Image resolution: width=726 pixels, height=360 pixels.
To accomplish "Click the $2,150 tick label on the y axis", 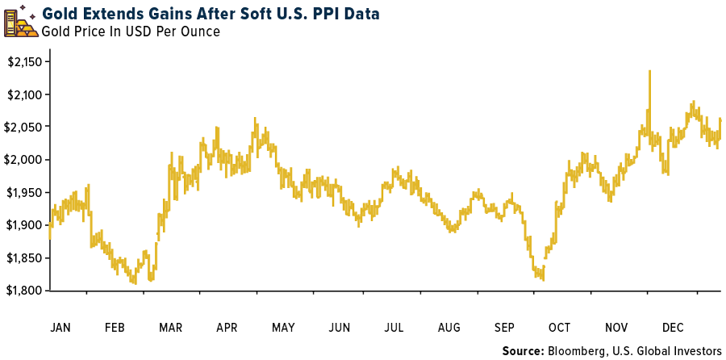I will pyautogui.click(x=25, y=62).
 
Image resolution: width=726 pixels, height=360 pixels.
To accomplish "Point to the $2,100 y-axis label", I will pyautogui.click(x=25, y=94).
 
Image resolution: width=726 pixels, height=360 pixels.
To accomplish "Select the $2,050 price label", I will pyautogui.click(x=25, y=128).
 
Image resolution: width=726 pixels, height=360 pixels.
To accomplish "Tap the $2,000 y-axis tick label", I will pyautogui.click(x=25, y=160).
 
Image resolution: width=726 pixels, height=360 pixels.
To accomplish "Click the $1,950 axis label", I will pyautogui.click(x=25, y=192).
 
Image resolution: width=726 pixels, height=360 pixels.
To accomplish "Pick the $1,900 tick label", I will pyautogui.click(x=25, y=225).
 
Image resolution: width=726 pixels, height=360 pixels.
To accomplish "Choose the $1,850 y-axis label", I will pyautogui.click(x=25, y=257).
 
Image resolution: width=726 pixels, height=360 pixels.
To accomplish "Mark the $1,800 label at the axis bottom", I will pyautogui.click(x=25, y=290).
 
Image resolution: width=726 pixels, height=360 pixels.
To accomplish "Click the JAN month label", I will pyautogui.click(x=60, y=328).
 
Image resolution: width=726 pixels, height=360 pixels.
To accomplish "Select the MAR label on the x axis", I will pyautogui.click(x=171, y=328).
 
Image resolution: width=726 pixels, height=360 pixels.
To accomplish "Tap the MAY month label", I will pyautogui.click(x=283, y=328).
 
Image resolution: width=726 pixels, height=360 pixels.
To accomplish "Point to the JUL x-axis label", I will pyautogui.click(x=394, y=328).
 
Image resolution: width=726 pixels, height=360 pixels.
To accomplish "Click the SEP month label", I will pyautogui.click(x=504, y=328).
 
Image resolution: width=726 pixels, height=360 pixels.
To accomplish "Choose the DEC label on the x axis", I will pyautogui.click(x=672, y=328).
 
